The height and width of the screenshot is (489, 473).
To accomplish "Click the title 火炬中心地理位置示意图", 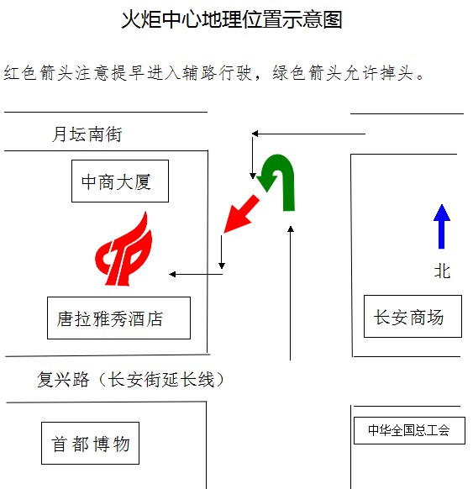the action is click(x=232, y=19).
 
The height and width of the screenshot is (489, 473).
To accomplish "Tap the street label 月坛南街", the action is click(x=87, y=134).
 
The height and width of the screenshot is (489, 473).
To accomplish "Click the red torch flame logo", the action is click(x=124, y=249).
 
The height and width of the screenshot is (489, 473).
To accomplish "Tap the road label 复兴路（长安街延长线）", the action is click(x=131, y=380).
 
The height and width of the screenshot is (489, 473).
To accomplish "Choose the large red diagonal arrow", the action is click(x=241, y=214).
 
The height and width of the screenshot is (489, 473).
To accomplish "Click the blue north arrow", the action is click(x=442, y=227).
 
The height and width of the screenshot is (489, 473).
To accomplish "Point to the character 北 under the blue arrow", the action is click(x=442, y=271).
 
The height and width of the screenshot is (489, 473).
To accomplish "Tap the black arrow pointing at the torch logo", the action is click(x=196, y=274).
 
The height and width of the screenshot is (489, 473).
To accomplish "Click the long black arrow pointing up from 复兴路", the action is click(x=291, y=293).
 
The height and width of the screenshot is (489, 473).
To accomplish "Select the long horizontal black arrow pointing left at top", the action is click(x=308, y=134).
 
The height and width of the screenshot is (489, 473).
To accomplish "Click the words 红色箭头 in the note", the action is click(x=39, y=73).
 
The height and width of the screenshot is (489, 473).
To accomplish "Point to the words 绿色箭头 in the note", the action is click(x=307, y=73).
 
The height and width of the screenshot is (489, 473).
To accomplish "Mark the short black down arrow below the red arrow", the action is click(x=222, y=252).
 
